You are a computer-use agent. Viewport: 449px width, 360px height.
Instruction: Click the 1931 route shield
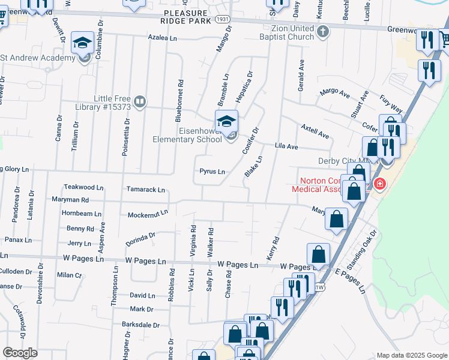tap(222, 20)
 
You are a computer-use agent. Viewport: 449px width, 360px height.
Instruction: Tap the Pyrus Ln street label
tap(212, 172)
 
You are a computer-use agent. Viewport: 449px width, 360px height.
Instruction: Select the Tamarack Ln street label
tap(145, 190)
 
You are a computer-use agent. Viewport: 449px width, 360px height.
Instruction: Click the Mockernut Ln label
tap(147, 214)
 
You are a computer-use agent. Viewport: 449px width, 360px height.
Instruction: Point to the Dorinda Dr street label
tap(140, 239)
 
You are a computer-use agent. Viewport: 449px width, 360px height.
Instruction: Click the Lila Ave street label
tap(286, 146)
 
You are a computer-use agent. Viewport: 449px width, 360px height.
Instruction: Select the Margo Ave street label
tap(335, 93)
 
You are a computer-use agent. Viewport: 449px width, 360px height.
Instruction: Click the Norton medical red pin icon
tap(379, 184)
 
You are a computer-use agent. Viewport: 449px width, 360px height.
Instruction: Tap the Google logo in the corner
tap(20, 353)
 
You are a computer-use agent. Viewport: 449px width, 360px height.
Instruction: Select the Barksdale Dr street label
tap(140, 325)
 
